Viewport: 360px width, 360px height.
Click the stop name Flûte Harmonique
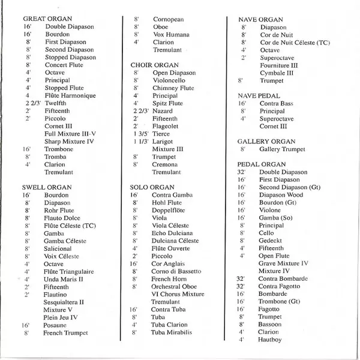point(70,95)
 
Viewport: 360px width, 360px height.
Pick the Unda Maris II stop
point(64,279)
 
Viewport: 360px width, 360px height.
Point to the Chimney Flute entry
point(174,88)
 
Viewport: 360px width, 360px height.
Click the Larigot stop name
point(163,141)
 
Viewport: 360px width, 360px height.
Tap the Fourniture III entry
point(279,65)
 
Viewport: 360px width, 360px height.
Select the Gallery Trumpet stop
point(282,149)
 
